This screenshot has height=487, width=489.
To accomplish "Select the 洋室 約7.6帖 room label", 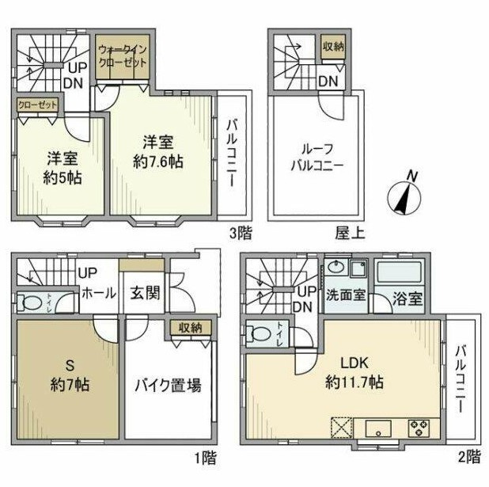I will click(x=163, y=150).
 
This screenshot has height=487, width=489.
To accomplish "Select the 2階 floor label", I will click(x=469, y=457).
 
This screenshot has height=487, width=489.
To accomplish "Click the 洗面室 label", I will click(x=346, y=295).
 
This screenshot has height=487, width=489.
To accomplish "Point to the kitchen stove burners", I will click(x=418, y=428).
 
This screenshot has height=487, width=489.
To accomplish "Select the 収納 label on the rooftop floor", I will click(x=332, y=45).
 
